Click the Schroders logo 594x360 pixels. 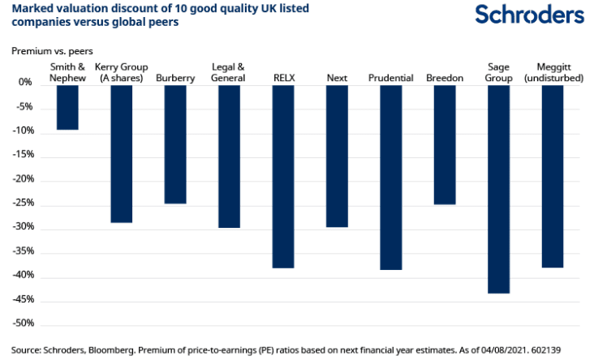[529, 15]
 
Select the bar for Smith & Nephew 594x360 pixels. [67, 107]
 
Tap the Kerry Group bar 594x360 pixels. [122, 153]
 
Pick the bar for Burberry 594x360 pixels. [175, 144]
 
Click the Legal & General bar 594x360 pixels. [229, 156]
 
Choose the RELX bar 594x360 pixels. [283, 176]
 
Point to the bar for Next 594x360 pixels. [337, 156]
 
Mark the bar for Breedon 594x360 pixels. [445, 144]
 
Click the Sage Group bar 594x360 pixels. [499, 188]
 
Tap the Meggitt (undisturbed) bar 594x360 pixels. [553, 176]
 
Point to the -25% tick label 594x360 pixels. [22, 204]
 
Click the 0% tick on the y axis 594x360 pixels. [25, 83]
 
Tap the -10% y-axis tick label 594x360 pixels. [22, 131]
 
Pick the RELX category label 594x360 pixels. [283, 78]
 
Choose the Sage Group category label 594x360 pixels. [499, 73]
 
